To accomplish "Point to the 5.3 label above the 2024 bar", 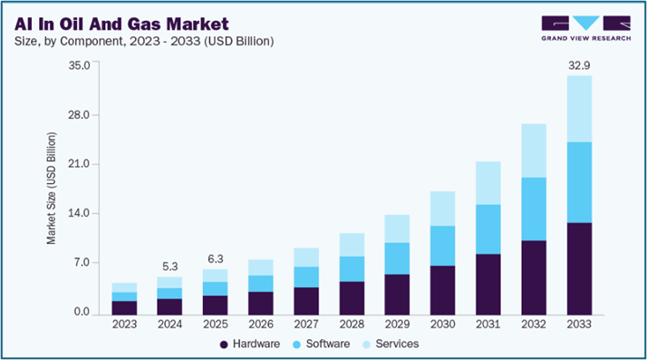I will [170, 267].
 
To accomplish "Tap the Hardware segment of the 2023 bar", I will [124, 307].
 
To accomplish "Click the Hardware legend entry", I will [250, 344].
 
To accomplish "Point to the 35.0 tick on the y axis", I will [79, 65].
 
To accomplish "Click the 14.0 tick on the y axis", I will [79, 214].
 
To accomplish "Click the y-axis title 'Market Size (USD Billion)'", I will [53, 189].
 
